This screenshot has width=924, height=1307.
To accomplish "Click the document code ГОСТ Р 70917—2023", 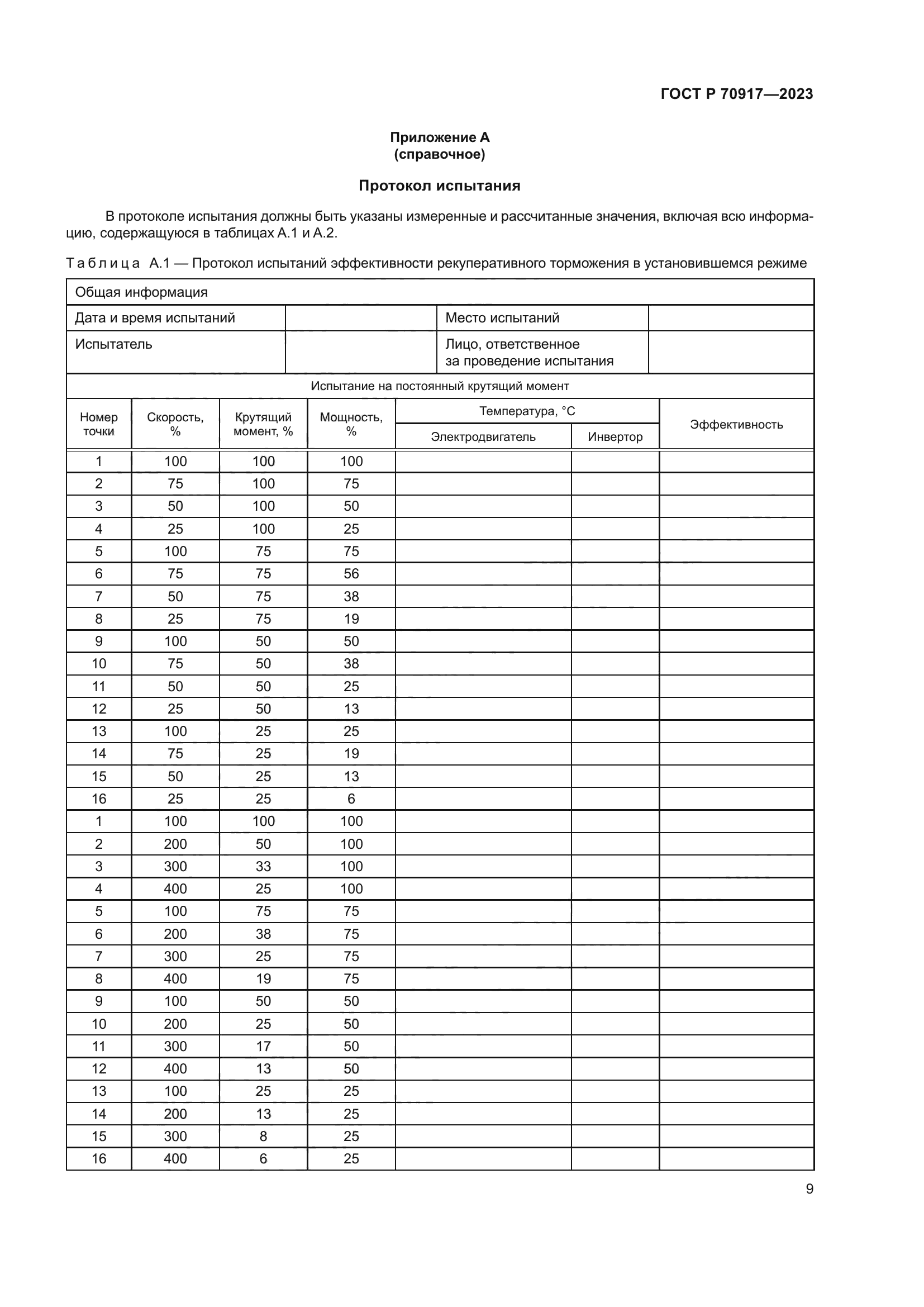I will [x=736, y=94].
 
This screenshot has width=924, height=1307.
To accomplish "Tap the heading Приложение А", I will [x=439, y=137].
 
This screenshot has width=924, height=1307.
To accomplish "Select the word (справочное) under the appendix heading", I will [x=439, y=154].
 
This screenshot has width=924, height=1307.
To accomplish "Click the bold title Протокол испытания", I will [x=439, y=186].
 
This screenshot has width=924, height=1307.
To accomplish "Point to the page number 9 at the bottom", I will [x=809, y=1189].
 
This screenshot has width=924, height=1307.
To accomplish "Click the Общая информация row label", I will [x=141, y=292].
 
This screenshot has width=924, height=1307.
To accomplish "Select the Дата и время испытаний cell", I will [x=155, y=317].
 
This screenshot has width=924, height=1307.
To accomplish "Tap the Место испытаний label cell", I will [x=502, y=317].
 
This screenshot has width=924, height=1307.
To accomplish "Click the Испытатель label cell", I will [x=114, y=344].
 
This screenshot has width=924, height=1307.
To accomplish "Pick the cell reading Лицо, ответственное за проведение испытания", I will [x=528, y=353].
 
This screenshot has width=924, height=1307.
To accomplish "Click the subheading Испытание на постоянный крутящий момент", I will [x=439, y=386].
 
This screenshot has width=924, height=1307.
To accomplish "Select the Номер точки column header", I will [x=98, y=424].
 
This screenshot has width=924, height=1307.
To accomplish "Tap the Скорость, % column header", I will [x=175, y=424].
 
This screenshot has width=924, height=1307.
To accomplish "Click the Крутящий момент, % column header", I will [x=263, y=424].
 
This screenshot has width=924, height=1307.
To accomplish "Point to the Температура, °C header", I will [x=527, y=411].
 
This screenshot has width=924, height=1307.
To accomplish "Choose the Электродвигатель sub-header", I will [x=483, y=436].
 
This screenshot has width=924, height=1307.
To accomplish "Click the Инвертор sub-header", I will [x=615, y=436].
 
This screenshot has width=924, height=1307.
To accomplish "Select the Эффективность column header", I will [x=736, y=424].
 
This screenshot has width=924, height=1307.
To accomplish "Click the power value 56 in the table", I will [x=351, y=574].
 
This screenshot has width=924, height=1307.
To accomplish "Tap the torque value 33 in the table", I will [x=263, y=867].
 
